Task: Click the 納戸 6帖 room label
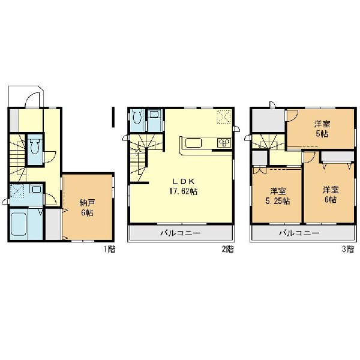pyautogui.click(x=87, y=208)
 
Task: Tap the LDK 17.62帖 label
pyautogui.click(x=184, y=186)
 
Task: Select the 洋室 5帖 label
pyautogui.click(x=322, y=129)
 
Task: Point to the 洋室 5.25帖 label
pyautogui.click(x=278, y=196)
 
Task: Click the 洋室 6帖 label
pyautogui.click(x=331, y=195)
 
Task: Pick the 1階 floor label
pyautogui.click(x=109, y=249)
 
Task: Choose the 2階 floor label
pyautogui.click(x=228, y=249)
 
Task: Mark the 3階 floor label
pyautogui.click(x=348, y=249)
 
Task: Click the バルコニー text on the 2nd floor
pyautogui.click(x=181, y=233)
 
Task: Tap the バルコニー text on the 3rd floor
pyautogui.click(x=299, y=233)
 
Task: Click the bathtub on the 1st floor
pyautogui.click(x=19, y=224)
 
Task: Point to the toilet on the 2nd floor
pyautogui.click(x=137, y=117)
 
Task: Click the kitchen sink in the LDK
pyautogui.click(x=194, y=143)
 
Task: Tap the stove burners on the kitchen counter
pyautogui.click(x=224, y=143)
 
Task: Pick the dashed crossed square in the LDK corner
pyautogui.click(x=224, y=117)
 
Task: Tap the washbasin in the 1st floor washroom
pyautogui.click(x=36, y=190)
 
